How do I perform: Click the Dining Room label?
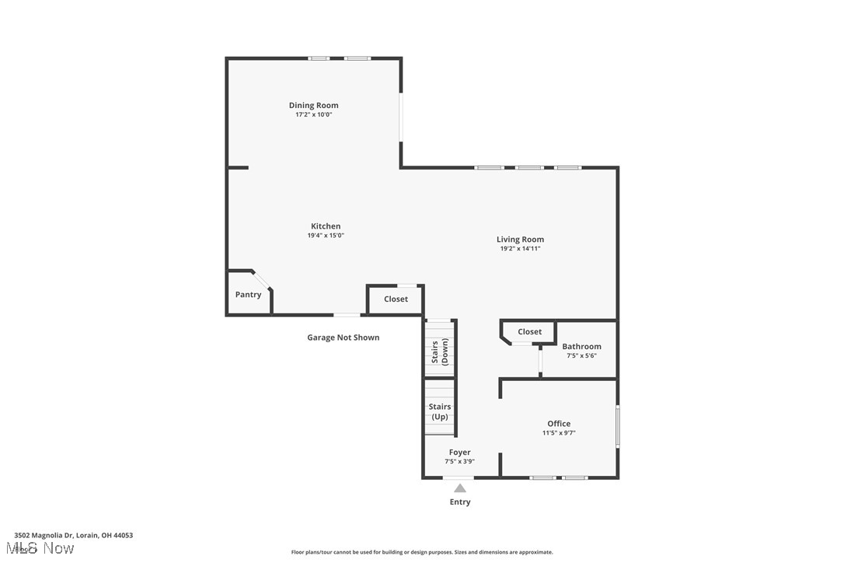[x=313, y=105]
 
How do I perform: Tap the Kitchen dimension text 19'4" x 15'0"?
[x=326, y=235]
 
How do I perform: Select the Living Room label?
[x=520, y=240]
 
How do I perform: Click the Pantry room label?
[x=248, y=295]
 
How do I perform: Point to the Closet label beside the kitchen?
[x=396, y=299]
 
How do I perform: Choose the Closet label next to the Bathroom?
[x=529, y=331]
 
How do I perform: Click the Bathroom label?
[x=581, y=346]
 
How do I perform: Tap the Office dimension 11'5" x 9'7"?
[x=559, y=433]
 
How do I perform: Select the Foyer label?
[x=459, y=452]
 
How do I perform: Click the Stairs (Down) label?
[x=440, y=351]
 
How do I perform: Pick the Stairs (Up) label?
[x=440, y=411]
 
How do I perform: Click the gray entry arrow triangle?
[x=460, y=488]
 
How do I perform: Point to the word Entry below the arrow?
[x=460, y=502]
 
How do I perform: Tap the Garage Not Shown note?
[x=343, y=337]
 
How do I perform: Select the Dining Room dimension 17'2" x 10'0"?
[x=313, y=114]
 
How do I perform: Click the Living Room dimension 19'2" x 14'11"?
[x=520, y=249]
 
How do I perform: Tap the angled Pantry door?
[x=262, y=279]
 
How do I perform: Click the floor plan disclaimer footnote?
[x=422, y=552]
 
